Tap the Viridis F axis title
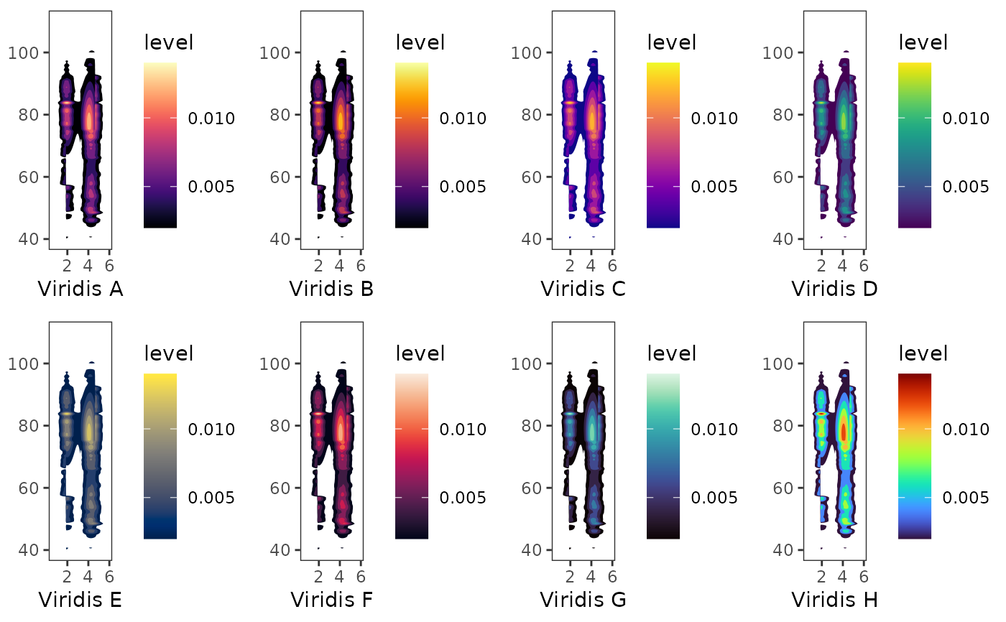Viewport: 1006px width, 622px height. (x=331, y=600)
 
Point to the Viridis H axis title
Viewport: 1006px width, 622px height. (x=834, y=600)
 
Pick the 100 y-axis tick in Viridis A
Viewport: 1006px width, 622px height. (x=28, y=52)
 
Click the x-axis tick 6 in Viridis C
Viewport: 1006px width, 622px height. (x=612, y=263)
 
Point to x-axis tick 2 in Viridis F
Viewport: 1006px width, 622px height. (x=318, y=574)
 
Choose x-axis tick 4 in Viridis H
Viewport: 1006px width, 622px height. (x=842, y=574)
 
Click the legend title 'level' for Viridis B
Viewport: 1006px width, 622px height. (x=420, y=42)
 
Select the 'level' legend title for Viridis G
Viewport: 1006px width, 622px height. (x=672, y=353)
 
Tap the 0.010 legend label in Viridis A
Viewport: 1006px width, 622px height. (x=211, y=118)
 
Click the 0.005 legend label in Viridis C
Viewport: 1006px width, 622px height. (x=714, y=187)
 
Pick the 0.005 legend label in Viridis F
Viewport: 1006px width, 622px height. (x=463, y=498)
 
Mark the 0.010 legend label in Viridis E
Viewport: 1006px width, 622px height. (x=211, y=430)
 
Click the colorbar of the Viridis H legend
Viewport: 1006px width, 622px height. (x=915, y=455)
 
